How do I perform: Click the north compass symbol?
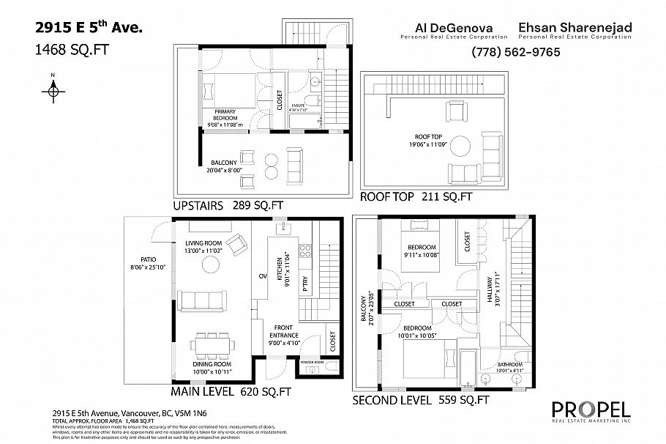[x=53, y=89]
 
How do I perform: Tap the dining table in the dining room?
[x=214, y=343]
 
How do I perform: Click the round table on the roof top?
[x=462, y=144]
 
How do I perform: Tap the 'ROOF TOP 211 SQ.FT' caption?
[x=416, y=197]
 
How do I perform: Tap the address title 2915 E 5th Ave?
[x=89, y=29]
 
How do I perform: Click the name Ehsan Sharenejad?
[x=575, y=29]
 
